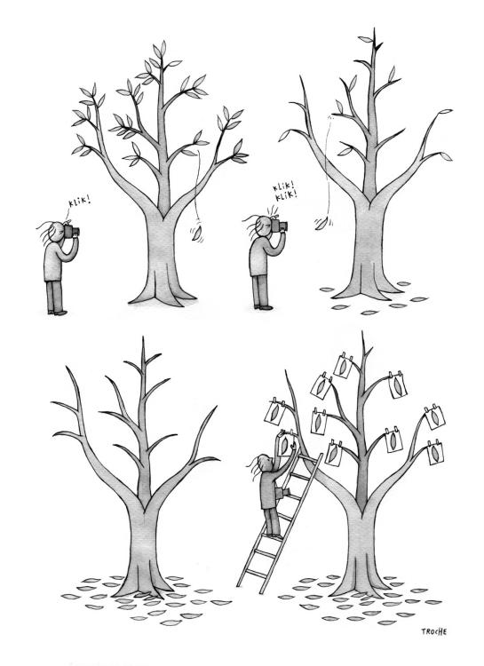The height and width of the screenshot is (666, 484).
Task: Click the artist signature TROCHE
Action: click(x=434, y=631)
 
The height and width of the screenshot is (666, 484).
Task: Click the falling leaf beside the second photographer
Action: click(x=321, y=223)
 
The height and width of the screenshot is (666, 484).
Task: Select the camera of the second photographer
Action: click(x=280, y=226)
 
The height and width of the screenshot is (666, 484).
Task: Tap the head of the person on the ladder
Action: click(x=264, y=462)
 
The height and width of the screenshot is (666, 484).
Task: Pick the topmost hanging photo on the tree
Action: click(x=344, y=365)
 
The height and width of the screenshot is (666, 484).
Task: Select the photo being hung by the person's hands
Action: click(x=287, y=444)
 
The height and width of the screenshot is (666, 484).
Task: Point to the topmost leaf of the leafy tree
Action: click(x=163, y=47)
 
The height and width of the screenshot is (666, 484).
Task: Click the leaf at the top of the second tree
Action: click(x=365, y=39)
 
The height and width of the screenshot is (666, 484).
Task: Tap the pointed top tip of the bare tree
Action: click(x=143, y=337)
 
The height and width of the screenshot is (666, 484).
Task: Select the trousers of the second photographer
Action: click(x=260, y=290)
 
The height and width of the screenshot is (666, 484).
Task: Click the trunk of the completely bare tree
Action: click(x=144, y=548)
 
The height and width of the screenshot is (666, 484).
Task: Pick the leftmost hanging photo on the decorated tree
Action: click(x=274, y=411)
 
